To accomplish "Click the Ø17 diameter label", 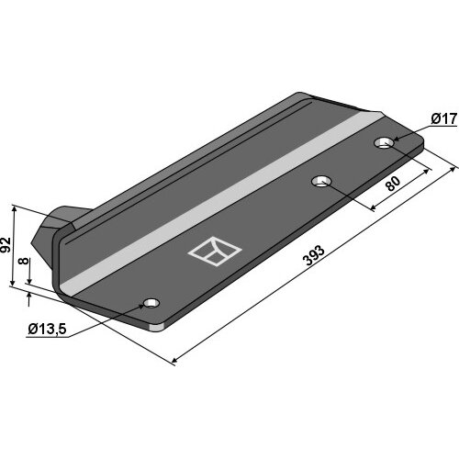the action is click(444, 118).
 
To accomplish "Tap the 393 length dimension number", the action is click(313, 255).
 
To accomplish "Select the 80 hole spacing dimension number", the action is click(393, 184).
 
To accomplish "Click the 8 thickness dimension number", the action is click(24, 261).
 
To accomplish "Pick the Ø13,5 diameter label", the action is click(47, 330).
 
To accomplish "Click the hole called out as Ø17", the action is click(384, 142).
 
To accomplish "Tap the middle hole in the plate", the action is click(321, 182).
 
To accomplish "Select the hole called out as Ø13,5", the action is click(151, 303).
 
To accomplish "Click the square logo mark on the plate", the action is click(215, 252).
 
